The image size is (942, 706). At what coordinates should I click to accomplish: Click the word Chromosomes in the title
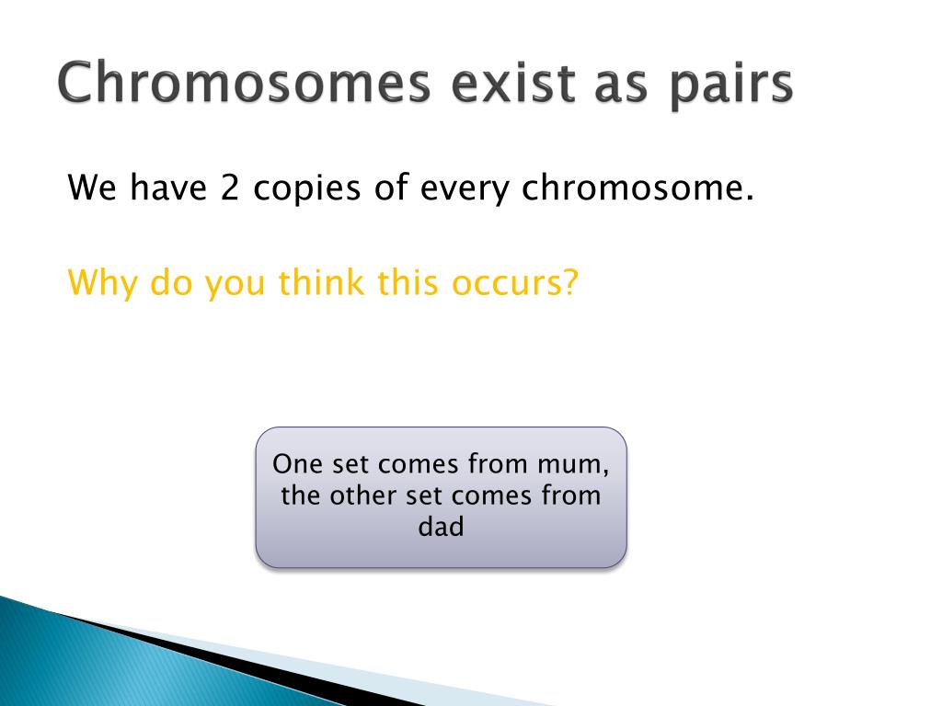click(x=244, y=82)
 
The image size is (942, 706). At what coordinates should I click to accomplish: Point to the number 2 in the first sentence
click(x=229, y=188)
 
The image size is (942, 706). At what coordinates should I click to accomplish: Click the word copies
click(x=306, y=189)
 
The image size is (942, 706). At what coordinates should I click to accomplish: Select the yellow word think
click(x=321, y=281)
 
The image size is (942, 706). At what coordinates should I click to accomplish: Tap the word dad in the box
click(x=441, y=527)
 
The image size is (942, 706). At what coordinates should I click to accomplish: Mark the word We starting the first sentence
click(x=92, y=188)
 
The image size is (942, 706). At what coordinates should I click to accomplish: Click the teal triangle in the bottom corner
click(x=121, y=666)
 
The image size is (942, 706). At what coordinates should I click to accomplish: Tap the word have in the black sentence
click(x=168, y=188)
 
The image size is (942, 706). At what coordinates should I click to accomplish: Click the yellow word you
click(x=235, y=286)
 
